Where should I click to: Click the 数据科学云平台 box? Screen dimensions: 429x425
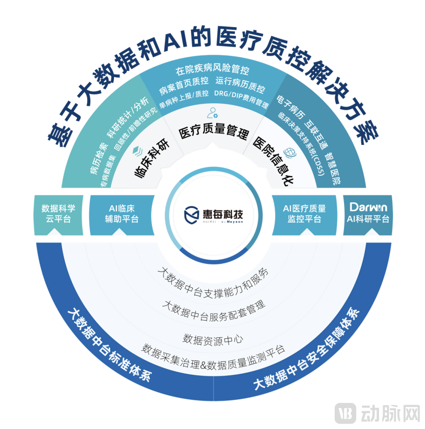coord(58,213)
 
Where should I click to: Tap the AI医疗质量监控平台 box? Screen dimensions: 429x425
coord(304,213)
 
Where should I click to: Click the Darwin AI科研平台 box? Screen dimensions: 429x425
coord(368,213)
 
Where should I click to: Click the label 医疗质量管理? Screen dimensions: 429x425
coord(212,132)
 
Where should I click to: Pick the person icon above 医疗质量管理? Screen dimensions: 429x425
coord(212,112)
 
